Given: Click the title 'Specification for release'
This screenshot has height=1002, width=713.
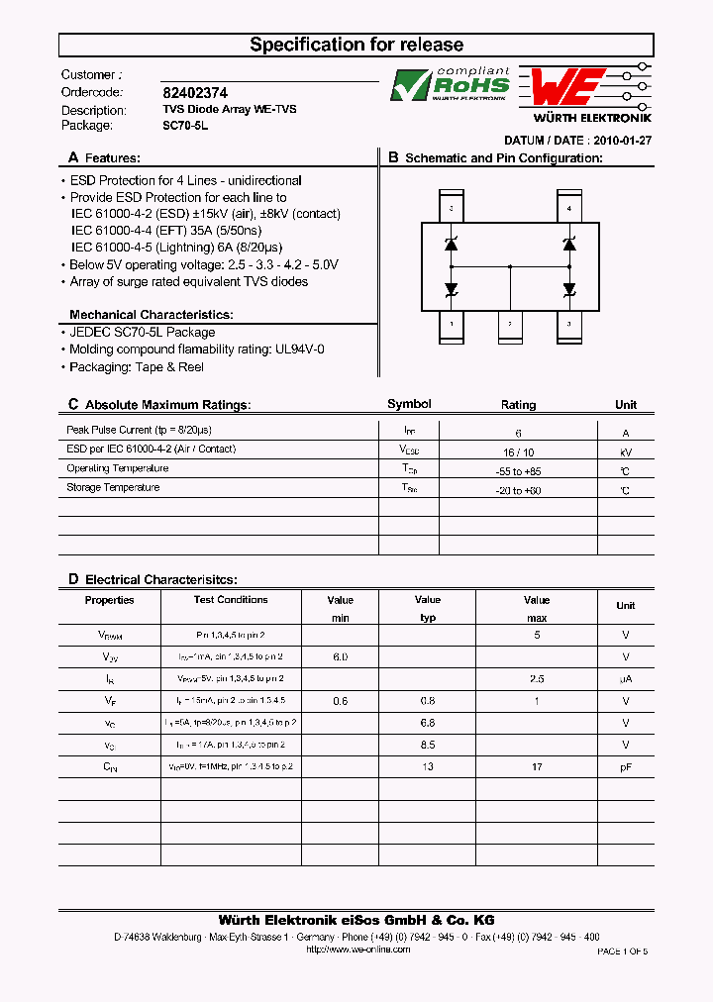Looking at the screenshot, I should [x=356, y=45].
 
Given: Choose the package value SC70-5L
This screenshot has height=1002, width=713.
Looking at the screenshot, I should [x=179, y=126].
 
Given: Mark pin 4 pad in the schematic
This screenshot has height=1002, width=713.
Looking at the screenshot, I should [x=568, y=207].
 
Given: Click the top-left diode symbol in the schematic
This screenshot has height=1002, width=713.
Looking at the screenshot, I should [x=452, y=244].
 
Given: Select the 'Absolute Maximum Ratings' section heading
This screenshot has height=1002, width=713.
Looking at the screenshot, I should [x=167, y=405].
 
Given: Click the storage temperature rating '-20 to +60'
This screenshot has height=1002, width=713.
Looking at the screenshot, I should [x=518, y=490].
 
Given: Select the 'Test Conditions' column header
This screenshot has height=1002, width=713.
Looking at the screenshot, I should [x=231, y=600].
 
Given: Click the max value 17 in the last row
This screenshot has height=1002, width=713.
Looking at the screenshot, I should [x=537, y=766].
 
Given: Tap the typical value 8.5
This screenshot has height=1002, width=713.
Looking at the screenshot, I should [x=427, y=745].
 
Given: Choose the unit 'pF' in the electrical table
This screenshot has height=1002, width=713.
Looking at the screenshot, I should [x=626, y=766].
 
